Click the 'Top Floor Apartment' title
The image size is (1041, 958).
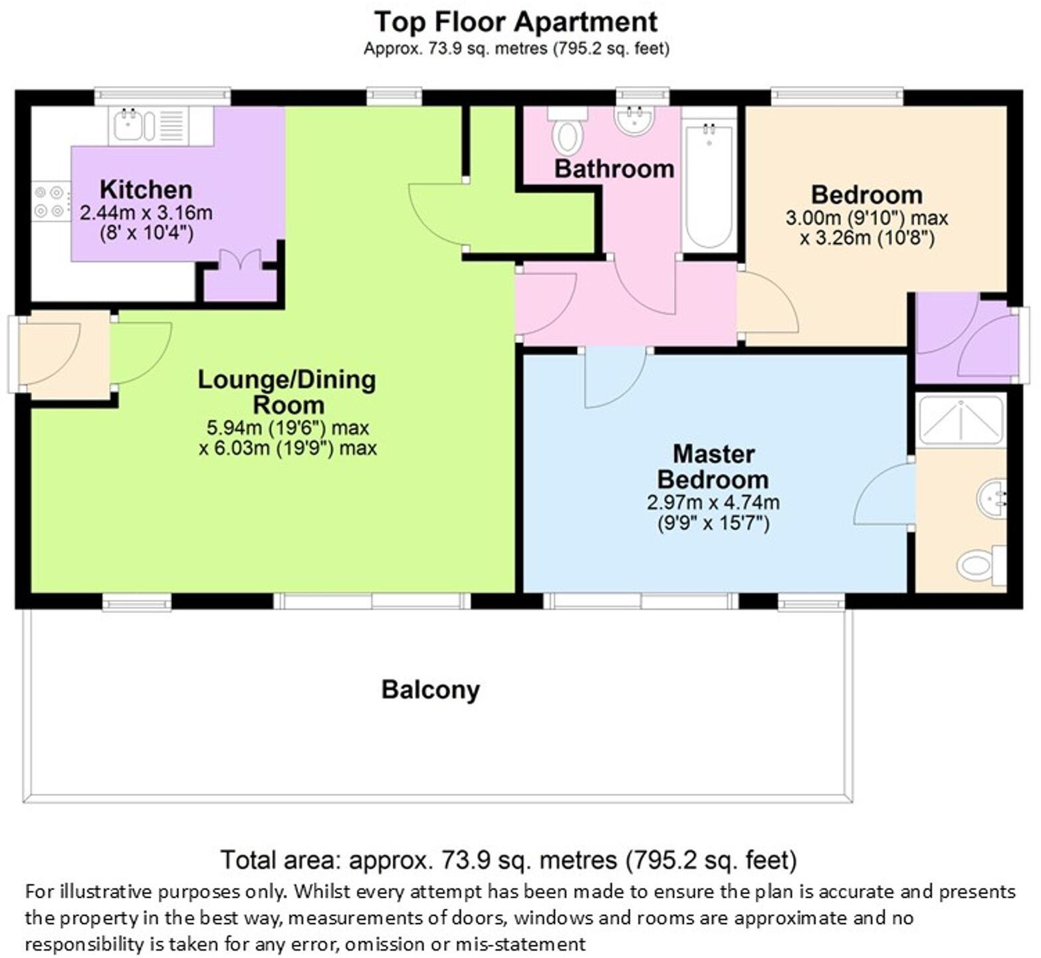(x=516, y=22)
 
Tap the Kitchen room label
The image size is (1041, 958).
(x=146, y=189)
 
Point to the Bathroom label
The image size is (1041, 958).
(x=614, y=169)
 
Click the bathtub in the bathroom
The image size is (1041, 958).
(x=709, y=183)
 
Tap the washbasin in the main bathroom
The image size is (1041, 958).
(x=635, y=120)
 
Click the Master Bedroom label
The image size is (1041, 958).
(x=713, y=467)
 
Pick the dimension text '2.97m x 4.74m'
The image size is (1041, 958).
(x=713, y=503)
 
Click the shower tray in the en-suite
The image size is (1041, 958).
(x=961, y=419)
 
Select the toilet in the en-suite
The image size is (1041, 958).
(x=981, y=566)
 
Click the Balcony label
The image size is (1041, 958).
(x=430, y=690)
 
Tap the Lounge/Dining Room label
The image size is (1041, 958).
(x=287, y=392)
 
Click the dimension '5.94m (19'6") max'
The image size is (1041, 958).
(x=287, y=427)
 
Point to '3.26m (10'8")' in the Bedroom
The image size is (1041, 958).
(x=867, y=238)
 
